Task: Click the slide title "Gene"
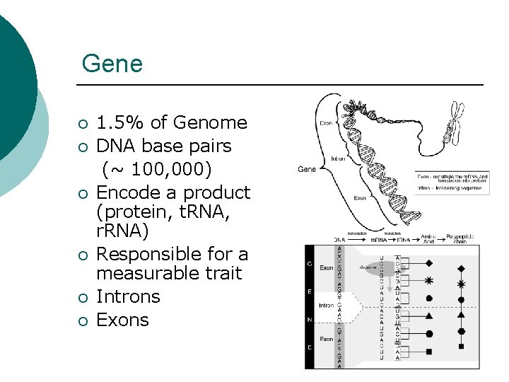(112, 64)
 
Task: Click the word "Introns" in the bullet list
(128, 296)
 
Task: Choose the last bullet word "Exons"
(122, 320)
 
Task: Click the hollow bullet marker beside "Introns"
(83, 298)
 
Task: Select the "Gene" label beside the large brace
(307, 169)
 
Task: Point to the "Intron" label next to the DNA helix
(339, 158)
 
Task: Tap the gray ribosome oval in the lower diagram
(368, 268)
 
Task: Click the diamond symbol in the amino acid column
(429, 263)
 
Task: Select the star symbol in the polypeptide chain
(462, 284)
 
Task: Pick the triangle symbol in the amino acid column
(429, 316)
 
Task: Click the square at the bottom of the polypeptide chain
(462, 347)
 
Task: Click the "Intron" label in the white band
(327, 306)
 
